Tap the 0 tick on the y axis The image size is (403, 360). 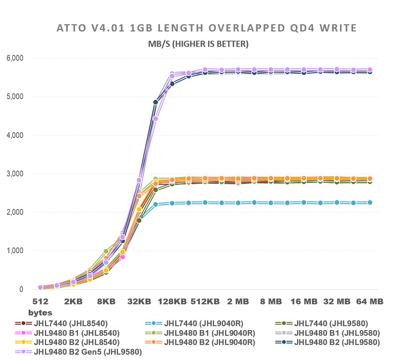coord(21,289)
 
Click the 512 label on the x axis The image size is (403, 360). coord(40,301)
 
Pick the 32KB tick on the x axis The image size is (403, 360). coord(139,301)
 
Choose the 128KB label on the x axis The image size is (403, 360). coord(172,301)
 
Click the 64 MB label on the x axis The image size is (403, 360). coord(369,301)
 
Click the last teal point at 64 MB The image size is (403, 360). coord(369,202)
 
